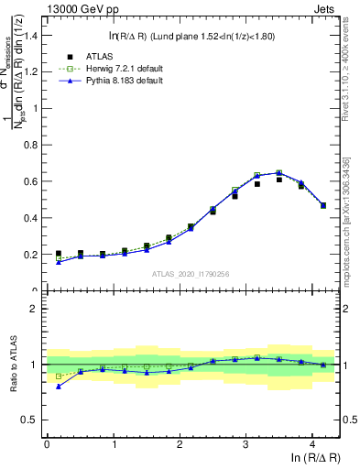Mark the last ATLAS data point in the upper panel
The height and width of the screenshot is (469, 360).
[323, 205]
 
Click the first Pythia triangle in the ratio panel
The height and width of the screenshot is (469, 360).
[59, 387]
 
